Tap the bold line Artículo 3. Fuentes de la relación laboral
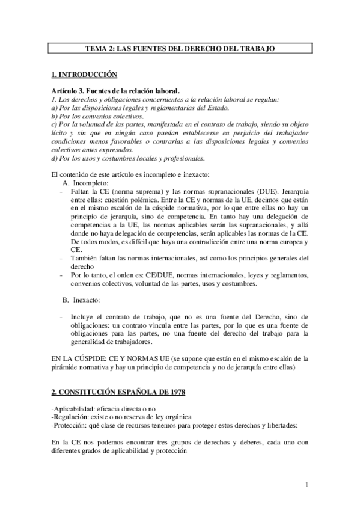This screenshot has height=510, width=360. coord(106,90)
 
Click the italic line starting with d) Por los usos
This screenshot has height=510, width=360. coord(128,159)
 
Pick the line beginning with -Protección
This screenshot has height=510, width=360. coord(175,426)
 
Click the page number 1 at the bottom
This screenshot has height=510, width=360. coord(306,484)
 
